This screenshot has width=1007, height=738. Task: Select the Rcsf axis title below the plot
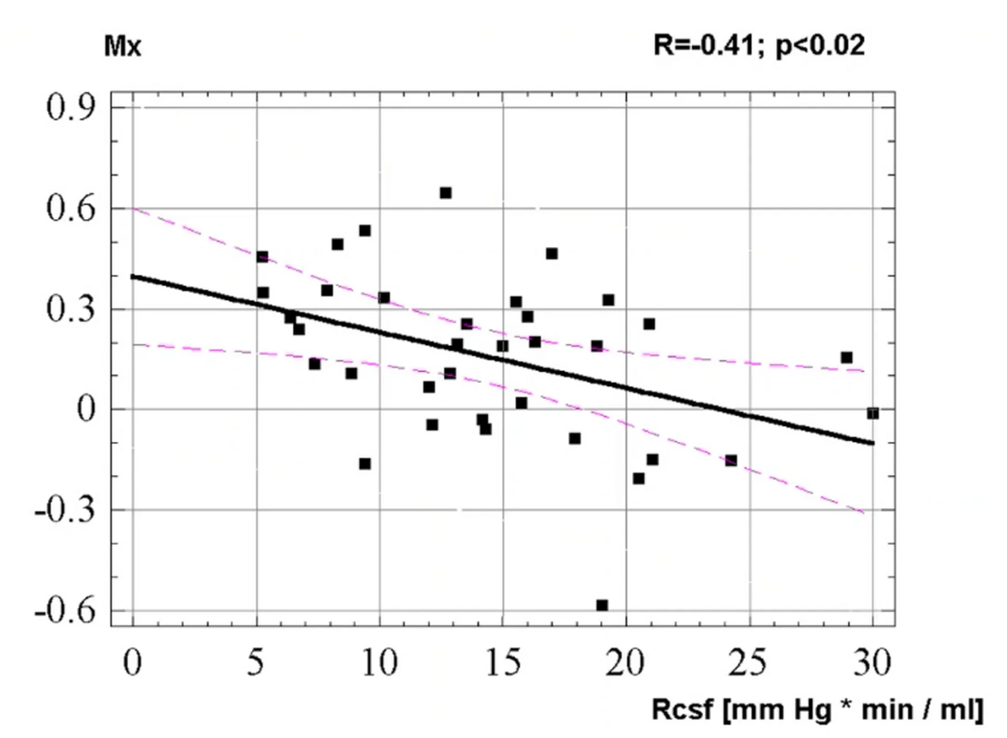pos(825,710)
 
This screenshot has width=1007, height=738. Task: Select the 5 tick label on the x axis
pos(257,662)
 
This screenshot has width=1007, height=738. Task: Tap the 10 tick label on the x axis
pos(380,662)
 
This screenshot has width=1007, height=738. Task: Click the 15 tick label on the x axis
pos(503,662)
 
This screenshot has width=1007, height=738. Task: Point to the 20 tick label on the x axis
pos(626,662)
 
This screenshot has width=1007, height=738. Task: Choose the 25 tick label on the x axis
pos(749,662)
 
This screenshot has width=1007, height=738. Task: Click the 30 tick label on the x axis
pos(872,662)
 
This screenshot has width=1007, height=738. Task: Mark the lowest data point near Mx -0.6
pos(602,605)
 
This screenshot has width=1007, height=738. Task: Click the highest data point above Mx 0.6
pos(446,193)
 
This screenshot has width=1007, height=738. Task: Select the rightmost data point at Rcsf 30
pos(872,413)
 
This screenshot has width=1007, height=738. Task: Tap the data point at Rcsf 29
pos(847,357)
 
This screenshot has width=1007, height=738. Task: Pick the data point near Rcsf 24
pos(730,461)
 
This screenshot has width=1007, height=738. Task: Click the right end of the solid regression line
pos(872,443)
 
